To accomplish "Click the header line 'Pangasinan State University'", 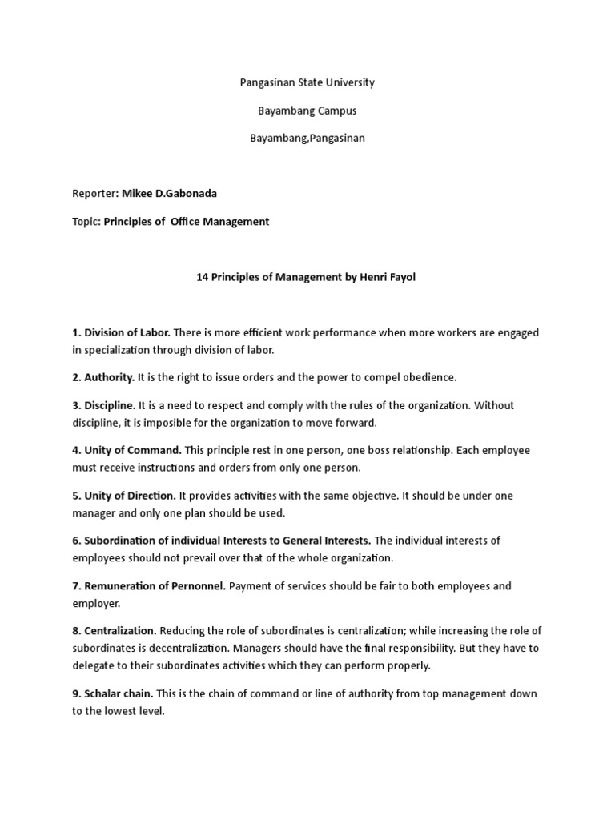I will coord(307,82).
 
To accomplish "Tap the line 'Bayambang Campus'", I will coord(307,111).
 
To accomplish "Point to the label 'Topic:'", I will coord(86,222).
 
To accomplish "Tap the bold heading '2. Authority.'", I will coord(103,377).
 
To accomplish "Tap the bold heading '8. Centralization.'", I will coord(115,631).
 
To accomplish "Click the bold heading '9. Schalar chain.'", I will coord(113,693).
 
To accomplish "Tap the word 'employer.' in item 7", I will coord(96,602).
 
